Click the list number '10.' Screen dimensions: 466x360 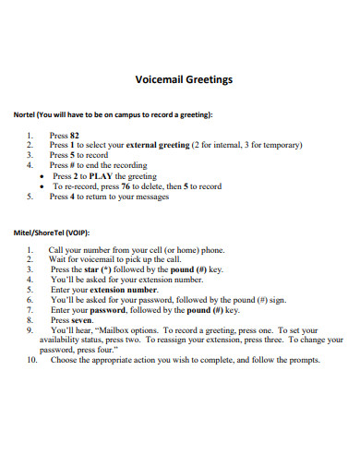pyautogui.click(x=31, y=360)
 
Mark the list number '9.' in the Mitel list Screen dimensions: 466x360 pyautogui.click(x=30, y=329)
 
